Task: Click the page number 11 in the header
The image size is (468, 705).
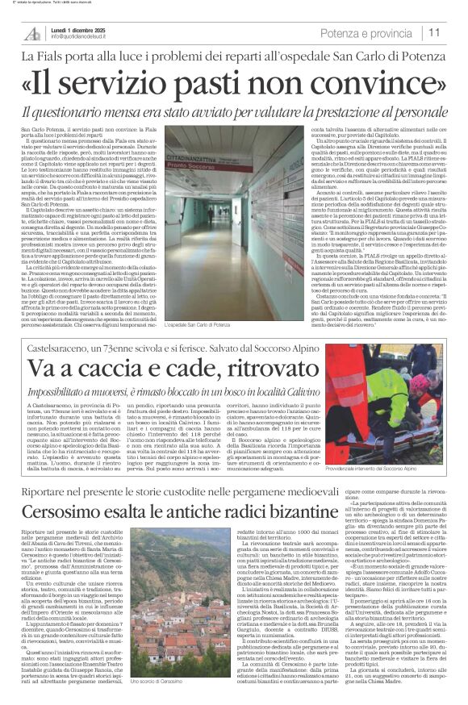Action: point(434,33)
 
